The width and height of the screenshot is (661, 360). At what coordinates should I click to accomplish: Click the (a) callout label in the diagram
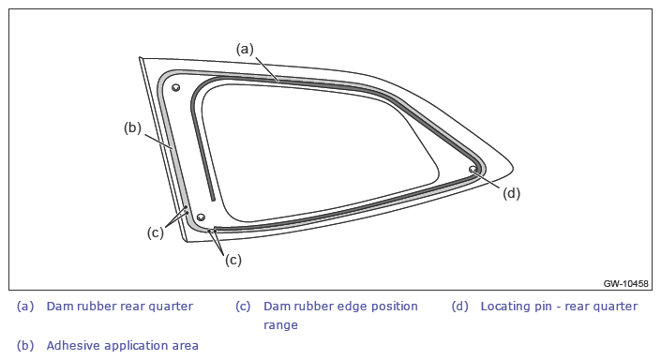click(245, 50)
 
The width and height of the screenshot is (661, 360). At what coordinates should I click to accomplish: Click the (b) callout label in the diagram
click(132, 127)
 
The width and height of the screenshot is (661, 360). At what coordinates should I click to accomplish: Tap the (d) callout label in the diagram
click(511, 193)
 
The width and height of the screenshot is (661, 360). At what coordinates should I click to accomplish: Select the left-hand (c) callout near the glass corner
click(155, 232)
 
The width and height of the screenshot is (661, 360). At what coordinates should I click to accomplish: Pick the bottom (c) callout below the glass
click(233, 260)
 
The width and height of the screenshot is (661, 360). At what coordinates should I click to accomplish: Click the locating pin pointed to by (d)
click(473, 170)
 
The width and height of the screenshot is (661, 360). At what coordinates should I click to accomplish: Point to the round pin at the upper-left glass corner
click(175, 88)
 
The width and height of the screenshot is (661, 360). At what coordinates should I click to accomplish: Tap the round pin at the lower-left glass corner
click(201, 217)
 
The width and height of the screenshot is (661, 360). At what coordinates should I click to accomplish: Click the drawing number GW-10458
click(625, 283)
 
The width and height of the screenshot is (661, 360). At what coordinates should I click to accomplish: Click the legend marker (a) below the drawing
click(25, 306)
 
